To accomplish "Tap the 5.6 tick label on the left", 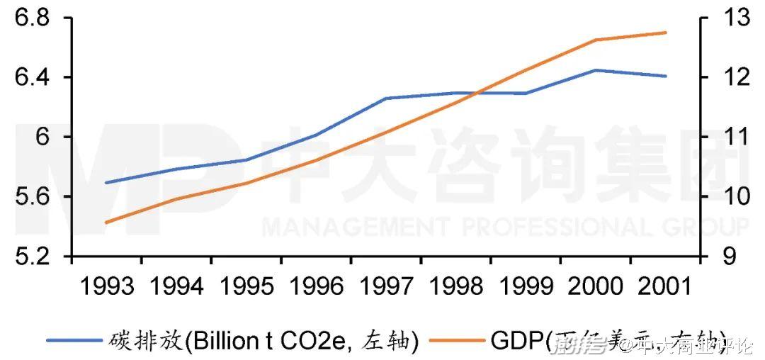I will click(x=34, y=196).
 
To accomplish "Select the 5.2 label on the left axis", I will click(x=34, y=256).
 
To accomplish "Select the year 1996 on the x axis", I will click(x=316, y=287).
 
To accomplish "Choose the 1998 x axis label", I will click(x=456, y=287).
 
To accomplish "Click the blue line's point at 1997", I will click(x=386, y=98).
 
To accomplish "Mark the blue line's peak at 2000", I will click(x=596, y=70).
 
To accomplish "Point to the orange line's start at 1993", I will click(x=106, y=223).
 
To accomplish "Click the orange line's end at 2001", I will click(x=666, y=33).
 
